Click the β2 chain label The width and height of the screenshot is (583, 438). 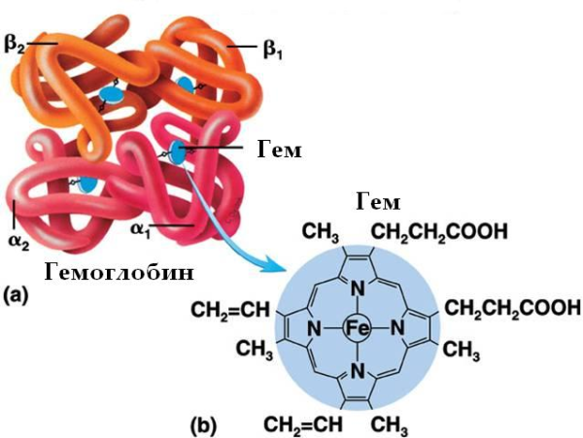[x=19, y=43]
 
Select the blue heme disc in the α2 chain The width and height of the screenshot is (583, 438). [x=87, y=184]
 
